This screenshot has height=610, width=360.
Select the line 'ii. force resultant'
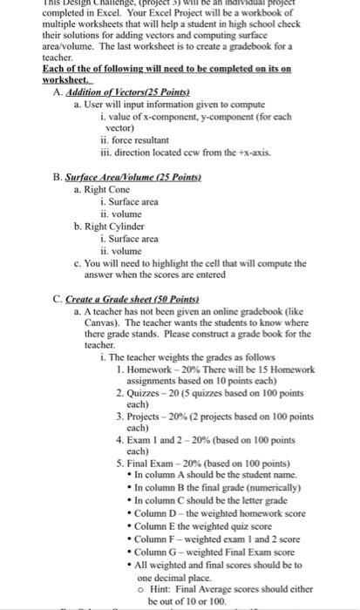(x=135, y=139)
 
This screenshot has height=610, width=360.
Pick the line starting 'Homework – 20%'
(x=221, y=369)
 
